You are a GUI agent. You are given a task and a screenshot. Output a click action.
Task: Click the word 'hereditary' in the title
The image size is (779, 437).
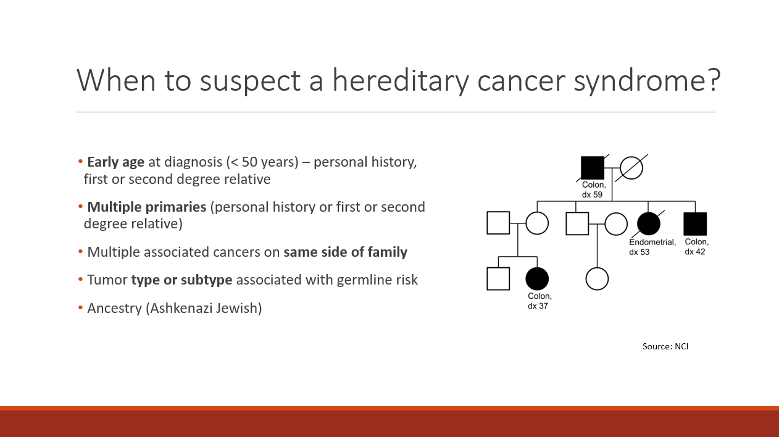400,81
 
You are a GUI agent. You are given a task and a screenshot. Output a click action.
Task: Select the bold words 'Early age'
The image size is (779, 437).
116,162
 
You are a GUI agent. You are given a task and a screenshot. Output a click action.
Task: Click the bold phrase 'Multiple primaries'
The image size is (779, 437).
147,207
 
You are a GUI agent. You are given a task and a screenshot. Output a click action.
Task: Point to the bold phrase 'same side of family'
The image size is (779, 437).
345,252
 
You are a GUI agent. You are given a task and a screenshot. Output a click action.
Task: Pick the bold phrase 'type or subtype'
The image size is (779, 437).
181,280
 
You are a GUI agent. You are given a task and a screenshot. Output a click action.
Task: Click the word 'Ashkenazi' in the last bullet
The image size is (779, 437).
181,309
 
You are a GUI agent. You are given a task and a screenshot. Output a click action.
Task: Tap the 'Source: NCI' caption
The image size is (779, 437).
665,346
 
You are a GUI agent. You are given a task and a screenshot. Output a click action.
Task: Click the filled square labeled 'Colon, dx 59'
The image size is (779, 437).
593,168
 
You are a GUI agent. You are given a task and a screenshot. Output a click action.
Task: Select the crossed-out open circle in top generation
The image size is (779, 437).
631,168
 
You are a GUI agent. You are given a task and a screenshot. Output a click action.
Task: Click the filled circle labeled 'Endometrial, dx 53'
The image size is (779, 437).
649,223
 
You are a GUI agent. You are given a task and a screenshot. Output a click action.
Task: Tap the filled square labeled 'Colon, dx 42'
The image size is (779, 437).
695,224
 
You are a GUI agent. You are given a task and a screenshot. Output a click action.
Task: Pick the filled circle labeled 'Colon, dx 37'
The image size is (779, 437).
537,279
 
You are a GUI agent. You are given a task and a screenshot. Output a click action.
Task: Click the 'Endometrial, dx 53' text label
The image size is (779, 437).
652,247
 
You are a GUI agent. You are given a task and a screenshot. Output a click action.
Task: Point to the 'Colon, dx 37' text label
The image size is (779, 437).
539,301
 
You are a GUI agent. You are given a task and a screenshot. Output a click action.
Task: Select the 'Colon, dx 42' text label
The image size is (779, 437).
696,247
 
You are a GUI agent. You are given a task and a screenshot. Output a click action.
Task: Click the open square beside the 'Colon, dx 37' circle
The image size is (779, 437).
498,279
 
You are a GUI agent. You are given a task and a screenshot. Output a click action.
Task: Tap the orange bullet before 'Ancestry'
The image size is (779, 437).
80,307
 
